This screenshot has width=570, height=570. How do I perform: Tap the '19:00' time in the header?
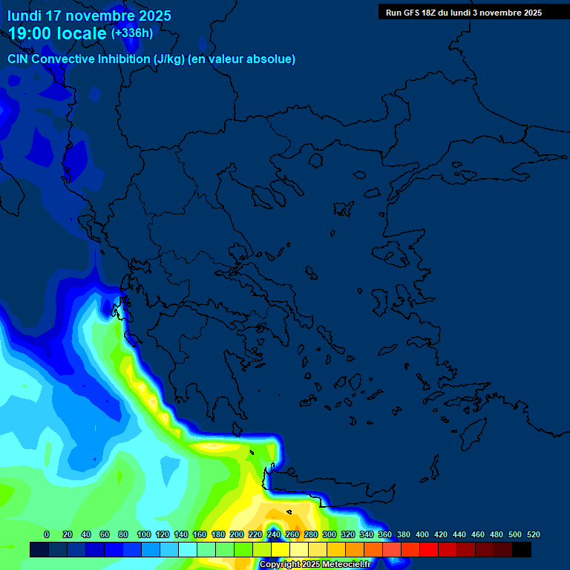[x=30, y=33]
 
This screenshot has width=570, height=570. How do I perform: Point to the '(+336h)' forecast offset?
[x=132, y=33]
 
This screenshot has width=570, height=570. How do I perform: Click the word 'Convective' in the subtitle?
[x=65, y=59]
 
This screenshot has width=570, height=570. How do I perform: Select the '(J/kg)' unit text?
[x=171, y=59]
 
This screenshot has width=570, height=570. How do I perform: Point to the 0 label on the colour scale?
[x=47, y=534]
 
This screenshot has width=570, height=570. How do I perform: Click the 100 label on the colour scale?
[x=144, y=534]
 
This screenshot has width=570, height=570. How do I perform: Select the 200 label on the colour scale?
[x=237, y=534]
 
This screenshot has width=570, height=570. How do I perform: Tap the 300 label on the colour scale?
[x=330, y=534]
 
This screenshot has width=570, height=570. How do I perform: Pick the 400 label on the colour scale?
[x=422, y=534]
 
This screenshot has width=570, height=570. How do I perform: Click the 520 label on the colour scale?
[x=534, y=534]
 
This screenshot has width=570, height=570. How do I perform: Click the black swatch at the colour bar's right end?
[x=522, y=549]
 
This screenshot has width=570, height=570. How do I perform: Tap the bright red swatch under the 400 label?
[x=429, y=549]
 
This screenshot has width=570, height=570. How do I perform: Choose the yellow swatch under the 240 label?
[x=281, y=549]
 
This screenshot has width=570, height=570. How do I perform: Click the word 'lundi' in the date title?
[x=24, y=16]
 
